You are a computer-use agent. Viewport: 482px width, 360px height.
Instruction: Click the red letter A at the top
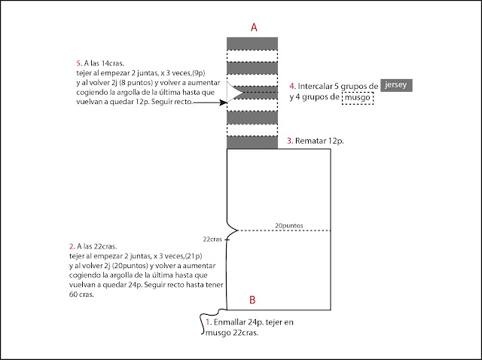point(254,26)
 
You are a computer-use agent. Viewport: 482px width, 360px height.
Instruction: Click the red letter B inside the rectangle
point(252,301)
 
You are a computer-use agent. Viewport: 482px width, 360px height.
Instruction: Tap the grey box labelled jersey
point(397,86)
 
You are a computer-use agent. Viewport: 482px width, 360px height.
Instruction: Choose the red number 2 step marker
point(71,246)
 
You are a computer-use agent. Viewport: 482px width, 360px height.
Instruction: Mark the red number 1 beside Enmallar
point(209,322)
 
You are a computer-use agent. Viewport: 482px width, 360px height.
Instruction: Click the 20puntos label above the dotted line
point(288,225)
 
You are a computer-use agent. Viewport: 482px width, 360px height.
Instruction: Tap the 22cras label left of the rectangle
point(213,239)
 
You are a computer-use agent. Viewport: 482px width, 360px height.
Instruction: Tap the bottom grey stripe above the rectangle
point(252,142)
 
